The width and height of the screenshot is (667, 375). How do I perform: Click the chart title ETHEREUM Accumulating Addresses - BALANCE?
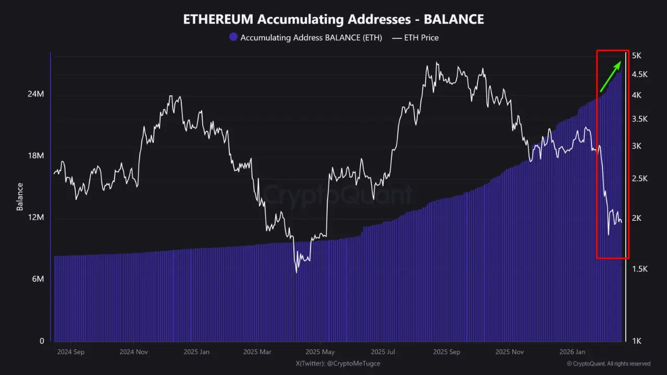[333, 19]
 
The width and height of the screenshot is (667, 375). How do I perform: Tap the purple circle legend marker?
[233, 37]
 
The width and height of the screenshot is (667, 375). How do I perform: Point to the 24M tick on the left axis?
[35, 94]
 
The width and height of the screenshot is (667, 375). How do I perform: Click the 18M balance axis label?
[35, 156]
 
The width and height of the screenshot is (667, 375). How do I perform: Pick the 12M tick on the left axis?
[35, 217]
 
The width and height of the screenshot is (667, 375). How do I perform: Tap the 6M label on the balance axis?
[38, 279]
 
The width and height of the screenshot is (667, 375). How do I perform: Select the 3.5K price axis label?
[640, 119]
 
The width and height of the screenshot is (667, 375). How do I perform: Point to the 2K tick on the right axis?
[637, 218]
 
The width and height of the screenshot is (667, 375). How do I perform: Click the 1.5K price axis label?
[640, 269]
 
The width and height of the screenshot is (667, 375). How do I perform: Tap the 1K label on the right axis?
[637, 341]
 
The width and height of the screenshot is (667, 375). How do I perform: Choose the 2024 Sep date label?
[69, 352]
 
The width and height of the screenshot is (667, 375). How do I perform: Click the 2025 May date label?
[320, 352]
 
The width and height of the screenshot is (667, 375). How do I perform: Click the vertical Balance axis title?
[20, 196]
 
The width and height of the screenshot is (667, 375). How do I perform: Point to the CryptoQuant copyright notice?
[608, 364]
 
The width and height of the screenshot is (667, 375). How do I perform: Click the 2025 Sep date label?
[447, 352]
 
